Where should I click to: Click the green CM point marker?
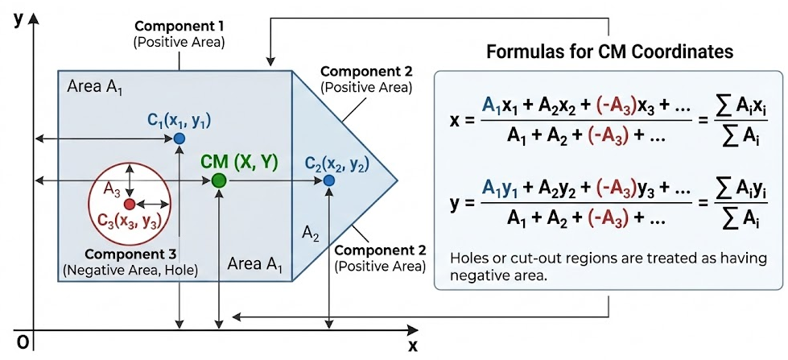tap(218, 180)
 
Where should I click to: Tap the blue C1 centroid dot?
tap(179, 139)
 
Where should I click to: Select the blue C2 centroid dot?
tap(329, 180)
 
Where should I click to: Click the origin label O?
tap(23, 342)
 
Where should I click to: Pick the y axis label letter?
tap(17, 19)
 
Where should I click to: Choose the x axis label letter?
tap(412, 346)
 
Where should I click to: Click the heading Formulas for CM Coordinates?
tap(609, 52)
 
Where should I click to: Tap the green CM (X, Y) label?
tap(239, 162)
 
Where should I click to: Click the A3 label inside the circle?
tap(112, 188)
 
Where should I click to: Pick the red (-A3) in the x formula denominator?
tap(589, 136)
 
